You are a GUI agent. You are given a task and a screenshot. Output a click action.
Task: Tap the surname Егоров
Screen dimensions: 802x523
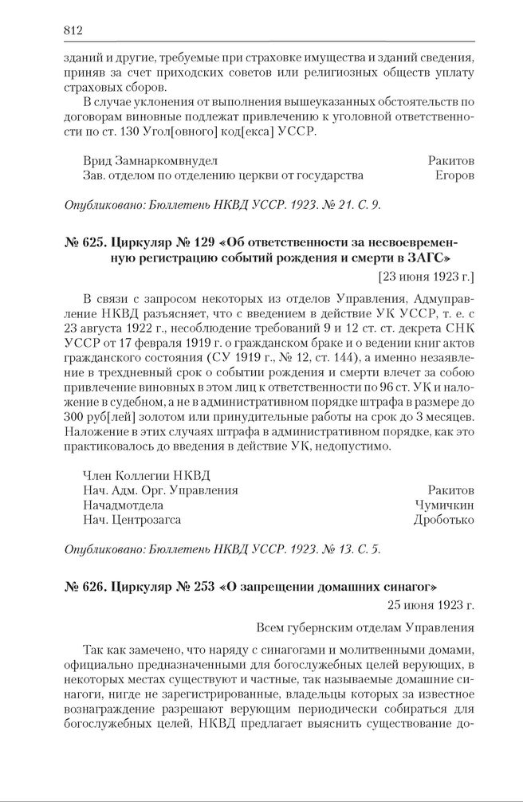(454, 175)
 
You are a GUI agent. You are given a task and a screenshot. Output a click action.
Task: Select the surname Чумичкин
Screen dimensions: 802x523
(444, 505)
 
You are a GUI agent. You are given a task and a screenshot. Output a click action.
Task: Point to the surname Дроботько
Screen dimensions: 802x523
(443, 520)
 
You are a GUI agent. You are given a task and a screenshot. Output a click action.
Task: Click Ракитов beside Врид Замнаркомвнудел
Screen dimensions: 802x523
(450, 159)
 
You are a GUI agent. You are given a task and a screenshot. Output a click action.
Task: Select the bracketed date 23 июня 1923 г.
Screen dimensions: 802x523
(425, 277)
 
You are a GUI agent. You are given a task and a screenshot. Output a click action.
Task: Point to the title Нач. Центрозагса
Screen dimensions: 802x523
(132, 520)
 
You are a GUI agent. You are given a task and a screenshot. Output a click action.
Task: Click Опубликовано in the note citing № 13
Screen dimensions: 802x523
(104, 549)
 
